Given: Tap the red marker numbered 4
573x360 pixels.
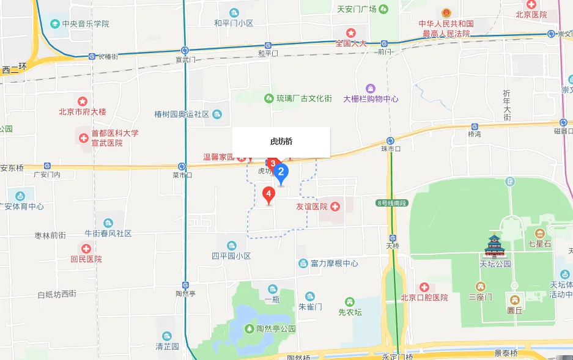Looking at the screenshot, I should point(268,194).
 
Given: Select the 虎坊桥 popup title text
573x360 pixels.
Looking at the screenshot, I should point(281,141).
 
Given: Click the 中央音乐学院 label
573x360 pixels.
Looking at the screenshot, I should point(86,24).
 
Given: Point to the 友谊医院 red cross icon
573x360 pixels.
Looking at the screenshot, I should point(335,207).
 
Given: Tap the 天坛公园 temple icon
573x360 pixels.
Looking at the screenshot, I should point(495,246).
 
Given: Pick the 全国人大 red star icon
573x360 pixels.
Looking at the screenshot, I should point(351,32).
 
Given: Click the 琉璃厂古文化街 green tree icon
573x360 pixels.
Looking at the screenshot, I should point(268,98).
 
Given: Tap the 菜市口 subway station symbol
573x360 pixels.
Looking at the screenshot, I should point(182,166).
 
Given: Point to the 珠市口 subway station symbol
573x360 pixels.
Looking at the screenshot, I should point(390,141).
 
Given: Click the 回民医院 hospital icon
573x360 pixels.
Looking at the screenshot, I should point(86,249).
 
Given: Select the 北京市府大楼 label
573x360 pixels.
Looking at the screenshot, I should point(83,112).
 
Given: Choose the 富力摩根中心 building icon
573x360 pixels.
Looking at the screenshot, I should point(303,263).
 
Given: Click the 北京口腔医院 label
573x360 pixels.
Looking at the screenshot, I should point(424,298).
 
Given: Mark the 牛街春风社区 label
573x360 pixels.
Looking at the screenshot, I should point(108,233).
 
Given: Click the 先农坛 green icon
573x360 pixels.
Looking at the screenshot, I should point(349,302).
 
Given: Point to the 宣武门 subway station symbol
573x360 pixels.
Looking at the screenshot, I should point(185,51).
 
